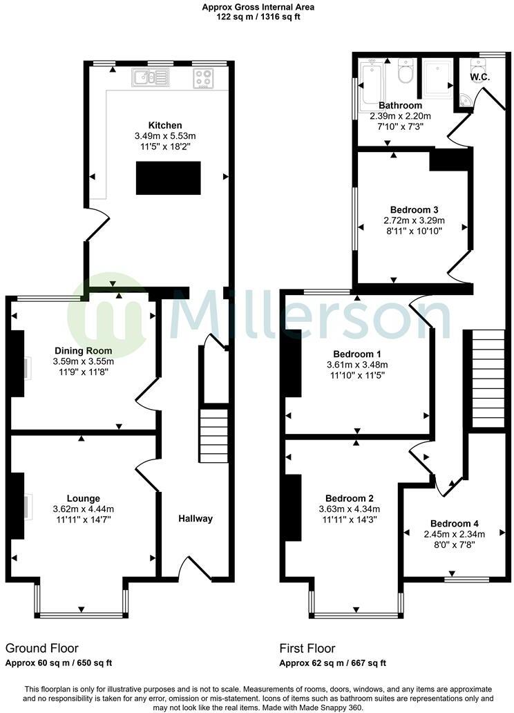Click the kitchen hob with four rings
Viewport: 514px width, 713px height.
pos(204,79)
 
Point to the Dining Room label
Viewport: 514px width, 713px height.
pos(83,350)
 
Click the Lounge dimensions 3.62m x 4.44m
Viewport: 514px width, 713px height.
pos(83,509)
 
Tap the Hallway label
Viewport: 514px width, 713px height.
pos(196,519)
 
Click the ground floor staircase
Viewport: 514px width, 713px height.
pos(214,436)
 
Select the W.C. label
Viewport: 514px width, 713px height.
pos(480,77)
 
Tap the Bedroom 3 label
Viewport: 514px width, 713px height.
pos(414,209)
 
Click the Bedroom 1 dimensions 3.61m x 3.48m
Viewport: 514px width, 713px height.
pos(357,365)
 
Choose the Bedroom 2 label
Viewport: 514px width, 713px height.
pos(350,499)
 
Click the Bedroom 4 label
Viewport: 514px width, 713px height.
pos(454,523)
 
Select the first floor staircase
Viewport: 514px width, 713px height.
pos(483,379)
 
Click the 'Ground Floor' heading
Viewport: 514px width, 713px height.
pos(41,648)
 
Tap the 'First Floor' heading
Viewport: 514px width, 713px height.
pos(307,648)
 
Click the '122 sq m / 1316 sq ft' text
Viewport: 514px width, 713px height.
pos(257,17)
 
